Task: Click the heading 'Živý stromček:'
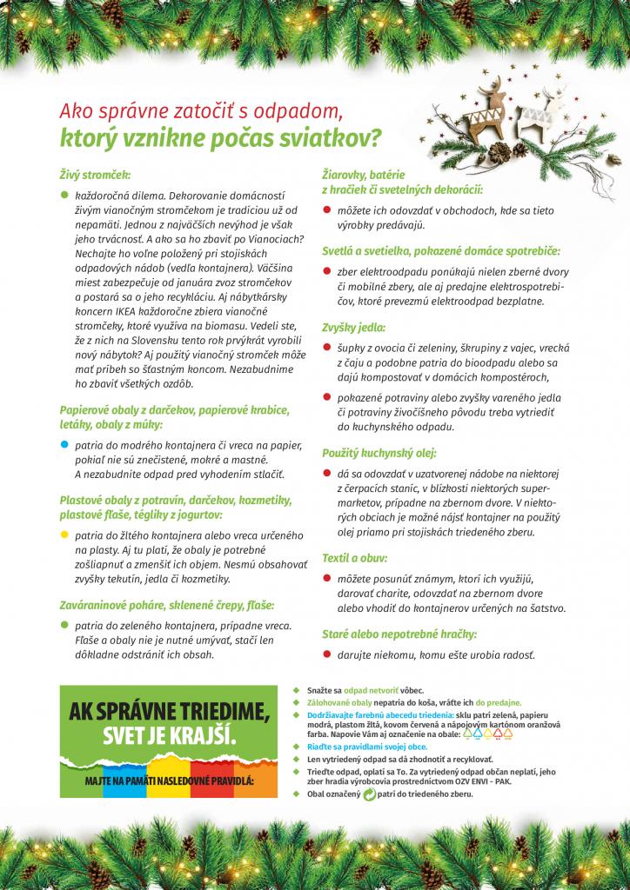pos(95,175)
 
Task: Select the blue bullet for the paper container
pos(64,443)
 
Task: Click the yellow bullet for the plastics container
pos(64,533)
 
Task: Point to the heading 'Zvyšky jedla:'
pos(353,327)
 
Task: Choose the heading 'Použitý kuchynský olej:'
pos(379,453)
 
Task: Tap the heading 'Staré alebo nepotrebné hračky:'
pos(399,634)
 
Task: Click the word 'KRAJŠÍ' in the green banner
pos(194,736)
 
